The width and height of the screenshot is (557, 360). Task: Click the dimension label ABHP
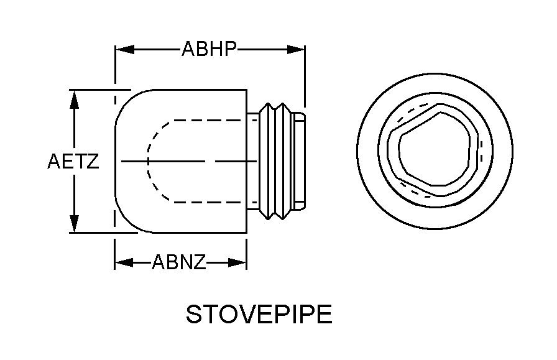click(x=209, y=49)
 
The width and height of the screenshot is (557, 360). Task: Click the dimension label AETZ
click(x=73, y=162)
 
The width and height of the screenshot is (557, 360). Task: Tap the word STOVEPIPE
click(x=259, y=314)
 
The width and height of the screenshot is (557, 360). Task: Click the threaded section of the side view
click(x=276, y=162)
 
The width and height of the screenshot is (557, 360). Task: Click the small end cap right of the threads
click(x=299, y=162)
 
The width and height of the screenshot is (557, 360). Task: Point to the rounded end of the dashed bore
click(x=149, y=160)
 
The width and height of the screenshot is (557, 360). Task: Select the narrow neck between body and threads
click(x=252, y=162)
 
